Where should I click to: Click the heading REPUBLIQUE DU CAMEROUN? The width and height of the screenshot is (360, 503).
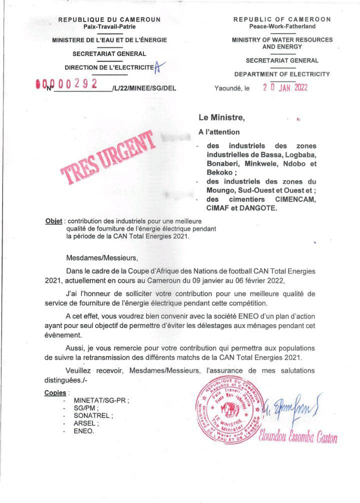[109, 19]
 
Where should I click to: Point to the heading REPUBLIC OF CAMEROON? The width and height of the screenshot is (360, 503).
[282, 19]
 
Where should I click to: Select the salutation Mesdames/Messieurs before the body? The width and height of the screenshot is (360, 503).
[100, 258]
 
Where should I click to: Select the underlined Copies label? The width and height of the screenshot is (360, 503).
[55, 392]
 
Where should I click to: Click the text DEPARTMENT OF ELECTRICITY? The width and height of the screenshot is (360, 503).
[282, 74]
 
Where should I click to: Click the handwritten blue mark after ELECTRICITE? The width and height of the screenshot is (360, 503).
[158, 67]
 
